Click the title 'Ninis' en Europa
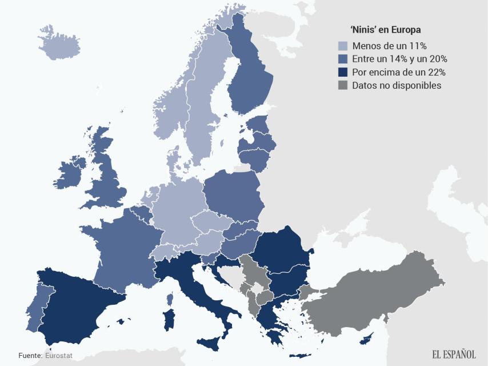pos(385,30)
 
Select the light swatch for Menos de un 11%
pos(343,46)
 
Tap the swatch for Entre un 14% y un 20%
pos(343,59)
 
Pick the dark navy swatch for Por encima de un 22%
pos(343,72)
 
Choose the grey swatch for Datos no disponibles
pos(343,85)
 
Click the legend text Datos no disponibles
pos(397,85)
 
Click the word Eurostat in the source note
pos(59,355)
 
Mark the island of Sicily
pos(215,344)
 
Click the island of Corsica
pos(170,299)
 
